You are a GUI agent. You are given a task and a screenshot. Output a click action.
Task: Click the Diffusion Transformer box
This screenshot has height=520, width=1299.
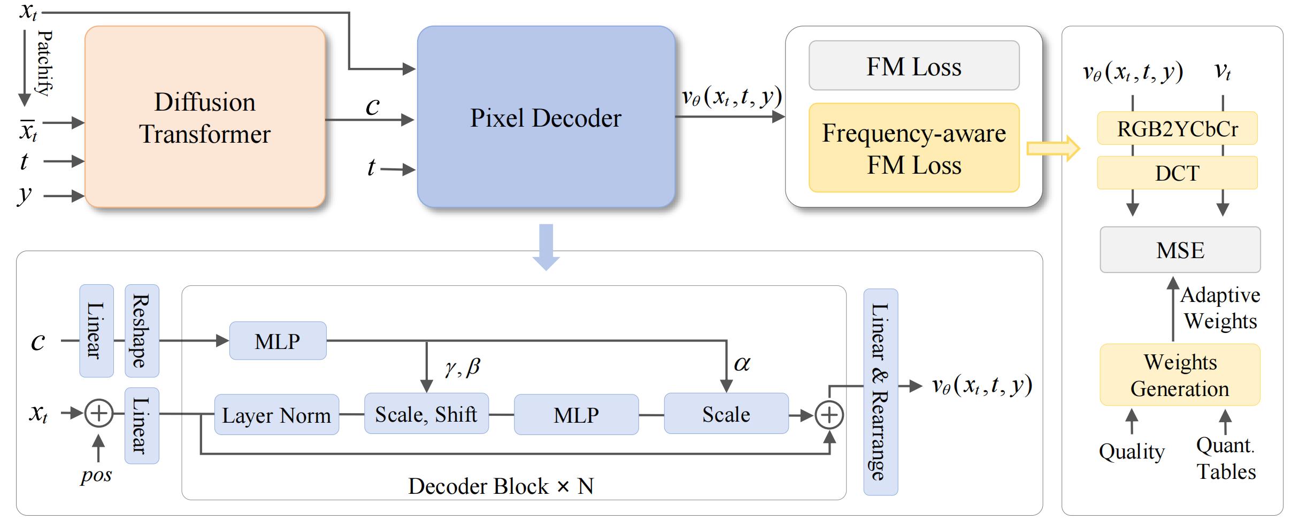[205, 117]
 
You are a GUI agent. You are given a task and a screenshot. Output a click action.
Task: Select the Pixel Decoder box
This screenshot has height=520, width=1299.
[545, 117]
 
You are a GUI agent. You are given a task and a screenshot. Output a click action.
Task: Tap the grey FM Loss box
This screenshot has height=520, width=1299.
[913, 66]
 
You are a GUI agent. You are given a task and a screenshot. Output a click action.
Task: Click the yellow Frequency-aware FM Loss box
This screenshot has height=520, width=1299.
[913, 148]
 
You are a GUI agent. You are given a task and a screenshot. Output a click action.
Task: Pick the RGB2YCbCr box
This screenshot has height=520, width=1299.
[1177, 129]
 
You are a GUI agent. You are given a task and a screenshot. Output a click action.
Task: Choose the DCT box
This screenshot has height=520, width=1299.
[1177, 173]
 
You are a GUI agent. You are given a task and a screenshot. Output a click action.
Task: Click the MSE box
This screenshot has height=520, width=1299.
[1180, 250]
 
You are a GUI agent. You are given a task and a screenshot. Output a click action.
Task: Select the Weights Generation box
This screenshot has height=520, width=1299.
[1180, 375]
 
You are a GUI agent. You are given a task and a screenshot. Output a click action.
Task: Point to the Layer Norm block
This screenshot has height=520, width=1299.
[276, 415]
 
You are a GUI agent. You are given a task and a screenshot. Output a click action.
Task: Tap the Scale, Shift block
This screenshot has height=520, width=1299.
[426, 414]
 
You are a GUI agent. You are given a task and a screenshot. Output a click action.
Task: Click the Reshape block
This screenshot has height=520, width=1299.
[142, 331]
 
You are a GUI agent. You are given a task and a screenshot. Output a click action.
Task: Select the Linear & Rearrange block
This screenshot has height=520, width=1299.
[880, 392]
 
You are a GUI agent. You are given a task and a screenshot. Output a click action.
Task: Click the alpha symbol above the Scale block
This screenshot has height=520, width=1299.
[742, 364]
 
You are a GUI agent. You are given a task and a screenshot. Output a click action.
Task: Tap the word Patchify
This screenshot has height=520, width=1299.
[45, 63]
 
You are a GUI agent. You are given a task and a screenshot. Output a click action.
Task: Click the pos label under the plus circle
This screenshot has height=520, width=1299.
[97, 475]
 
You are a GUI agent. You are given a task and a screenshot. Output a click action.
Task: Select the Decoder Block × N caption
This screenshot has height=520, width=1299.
[501, 486]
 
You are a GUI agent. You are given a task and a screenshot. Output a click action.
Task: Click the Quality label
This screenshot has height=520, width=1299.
[1132, 452]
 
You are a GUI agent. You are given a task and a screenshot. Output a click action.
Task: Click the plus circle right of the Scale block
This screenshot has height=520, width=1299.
[829, 415]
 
